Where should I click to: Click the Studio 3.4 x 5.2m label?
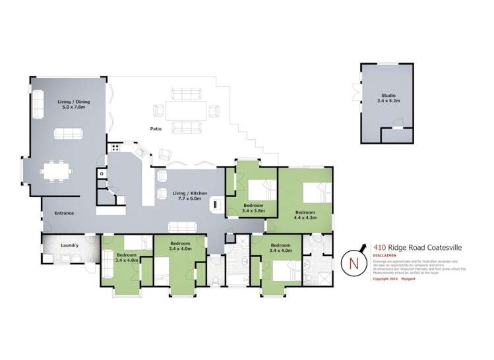coord(387,98)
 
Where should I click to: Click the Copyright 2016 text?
coord(386,279)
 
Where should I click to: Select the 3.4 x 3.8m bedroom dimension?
coord(253,210)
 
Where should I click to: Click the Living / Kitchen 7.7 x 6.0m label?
coord(190,195)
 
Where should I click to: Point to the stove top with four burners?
coord(115,148)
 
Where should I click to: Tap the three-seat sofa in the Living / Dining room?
coord(69,134)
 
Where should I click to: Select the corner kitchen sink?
coord(139,152)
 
